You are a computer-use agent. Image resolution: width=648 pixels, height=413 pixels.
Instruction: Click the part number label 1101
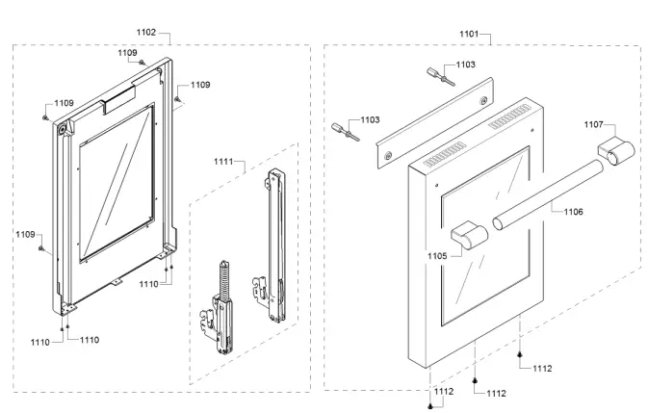[x=468, y=34]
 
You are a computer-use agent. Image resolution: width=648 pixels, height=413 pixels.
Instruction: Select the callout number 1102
[x=146, y=33]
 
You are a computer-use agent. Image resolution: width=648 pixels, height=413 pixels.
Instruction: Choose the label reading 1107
[x=592, y=124]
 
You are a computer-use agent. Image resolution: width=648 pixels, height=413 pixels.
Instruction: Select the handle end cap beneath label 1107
[x=614, y=152]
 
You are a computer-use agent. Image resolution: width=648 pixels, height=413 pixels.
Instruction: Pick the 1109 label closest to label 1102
[x=127, y=52]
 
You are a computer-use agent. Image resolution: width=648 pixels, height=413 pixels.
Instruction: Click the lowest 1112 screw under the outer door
[x=430, y=405]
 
